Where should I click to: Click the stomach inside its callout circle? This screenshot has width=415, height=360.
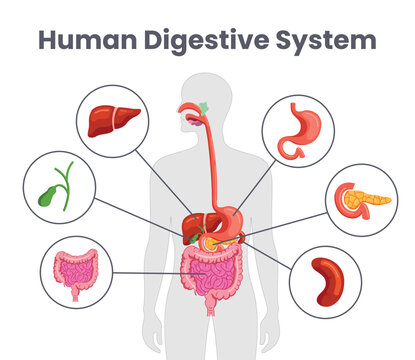click(297, 130)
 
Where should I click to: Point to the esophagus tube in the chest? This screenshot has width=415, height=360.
click(211, 160)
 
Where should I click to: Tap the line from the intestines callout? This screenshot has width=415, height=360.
click(150, 272)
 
